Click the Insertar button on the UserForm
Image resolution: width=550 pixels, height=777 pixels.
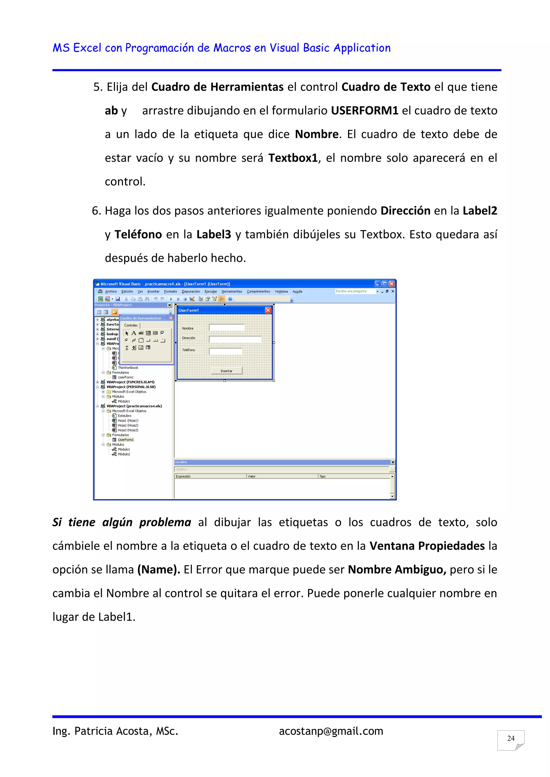[227, 371]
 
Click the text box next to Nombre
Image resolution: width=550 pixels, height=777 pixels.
[227, 327]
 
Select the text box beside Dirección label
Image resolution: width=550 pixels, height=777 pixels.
[235, 339]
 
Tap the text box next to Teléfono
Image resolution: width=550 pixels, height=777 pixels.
[226, 351]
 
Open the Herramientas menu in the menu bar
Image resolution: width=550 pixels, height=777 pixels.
[232, 291]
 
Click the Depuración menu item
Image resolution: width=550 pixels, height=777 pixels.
[191, 291]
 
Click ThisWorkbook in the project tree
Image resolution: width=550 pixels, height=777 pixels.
[128, 368]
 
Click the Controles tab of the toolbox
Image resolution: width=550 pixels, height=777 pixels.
[131, 325]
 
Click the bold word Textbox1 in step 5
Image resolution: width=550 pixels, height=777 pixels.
[293, 158]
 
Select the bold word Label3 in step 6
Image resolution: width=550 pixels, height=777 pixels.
[214, 234]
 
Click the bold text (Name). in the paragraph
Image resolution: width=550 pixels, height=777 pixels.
[158, 569]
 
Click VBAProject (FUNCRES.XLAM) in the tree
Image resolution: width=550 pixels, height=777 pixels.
[131, 382]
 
